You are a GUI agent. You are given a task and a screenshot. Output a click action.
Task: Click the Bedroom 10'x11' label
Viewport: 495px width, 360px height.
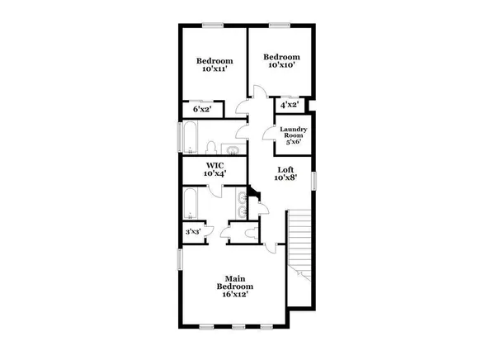[x=214, y=65]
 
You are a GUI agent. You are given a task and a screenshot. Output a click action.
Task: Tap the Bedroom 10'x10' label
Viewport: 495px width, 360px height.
[x=280, y=61]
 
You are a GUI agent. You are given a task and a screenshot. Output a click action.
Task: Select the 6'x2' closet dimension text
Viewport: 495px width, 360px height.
[x=202, y=109]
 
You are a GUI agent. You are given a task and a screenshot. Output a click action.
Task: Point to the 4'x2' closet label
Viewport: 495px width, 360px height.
[x=289, y=105]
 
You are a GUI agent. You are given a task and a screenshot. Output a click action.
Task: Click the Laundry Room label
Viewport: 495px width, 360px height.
[x=294, y=135]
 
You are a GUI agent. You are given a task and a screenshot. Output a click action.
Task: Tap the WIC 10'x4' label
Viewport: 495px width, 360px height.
[x=215, y=169]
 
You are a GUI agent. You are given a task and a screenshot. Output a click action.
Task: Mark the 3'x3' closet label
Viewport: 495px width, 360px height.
[x=191, y=232]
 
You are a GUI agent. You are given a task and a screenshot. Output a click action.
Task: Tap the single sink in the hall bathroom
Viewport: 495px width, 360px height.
[x=233, y=150]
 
